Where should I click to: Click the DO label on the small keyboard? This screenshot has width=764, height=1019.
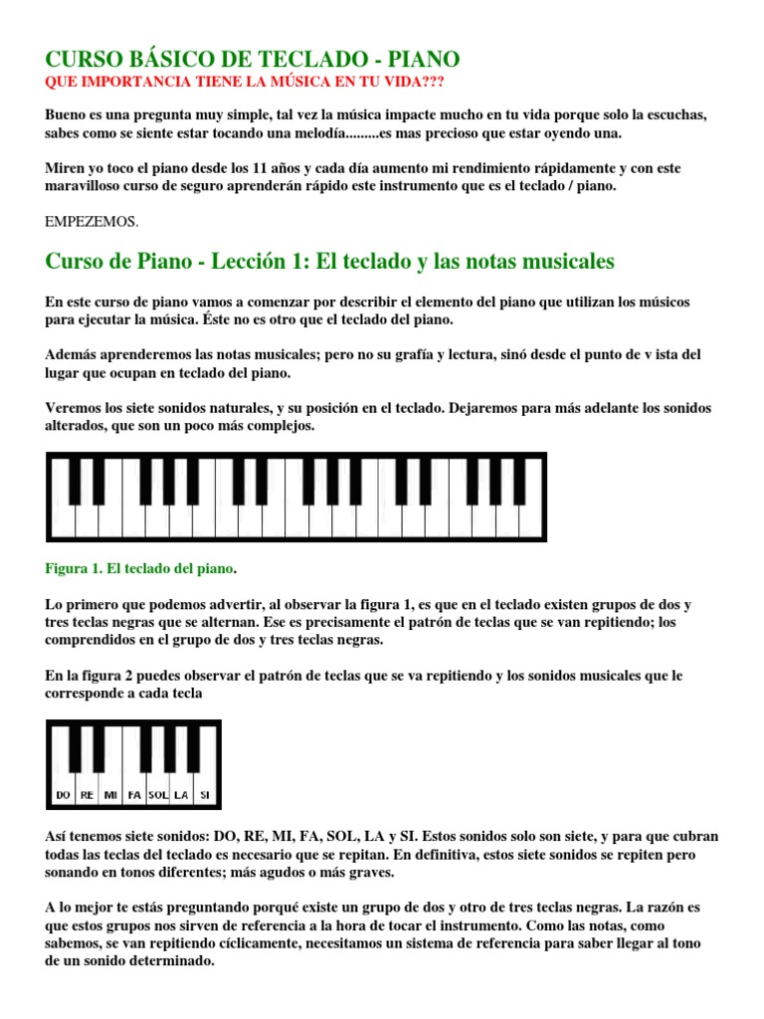(x=64, y=795)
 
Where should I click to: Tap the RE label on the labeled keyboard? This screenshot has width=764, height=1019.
(x=87, y=795)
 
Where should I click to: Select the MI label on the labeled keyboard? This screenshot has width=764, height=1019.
(x=110, y=795)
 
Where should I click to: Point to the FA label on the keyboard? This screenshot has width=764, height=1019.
(x=134, y=795)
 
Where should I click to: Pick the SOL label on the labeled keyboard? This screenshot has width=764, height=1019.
(x=158, y=795)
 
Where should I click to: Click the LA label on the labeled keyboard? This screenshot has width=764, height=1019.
(x=181, y=795)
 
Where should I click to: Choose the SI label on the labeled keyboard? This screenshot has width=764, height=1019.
(x=204, y=795)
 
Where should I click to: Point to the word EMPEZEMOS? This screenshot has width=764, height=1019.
(x=93, y=221)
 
